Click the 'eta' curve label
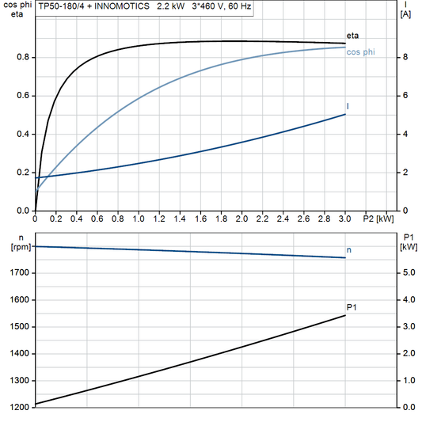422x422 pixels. click(x=352, y=36)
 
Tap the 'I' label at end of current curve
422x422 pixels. click(x=348, y=106)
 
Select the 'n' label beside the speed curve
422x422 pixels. click(x=349, y=250)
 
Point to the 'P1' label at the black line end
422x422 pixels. click(x=352, y=307)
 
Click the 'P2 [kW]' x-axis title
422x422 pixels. click(x=378, y=219)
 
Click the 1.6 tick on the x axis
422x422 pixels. click(x=200, y=219)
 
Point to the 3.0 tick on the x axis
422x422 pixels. click(x=345, y=219)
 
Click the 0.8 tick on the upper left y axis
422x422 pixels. click(x=23, y=57)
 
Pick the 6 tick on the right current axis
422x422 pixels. click(x=405, y=96)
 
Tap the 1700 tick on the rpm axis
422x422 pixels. click(x=18, y=272)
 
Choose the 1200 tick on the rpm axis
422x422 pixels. click(x=18, y=407)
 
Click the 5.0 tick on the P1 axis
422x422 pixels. click(x=408, y=272)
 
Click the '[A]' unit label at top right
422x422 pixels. click(x=405, y=13)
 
